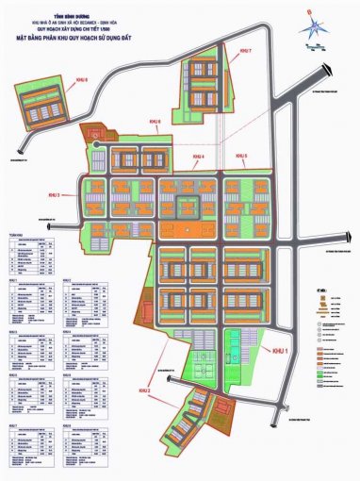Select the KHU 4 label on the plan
[x=198, y=156]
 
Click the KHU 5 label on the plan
[x=241, y=156]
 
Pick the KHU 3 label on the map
[x=53, y=195]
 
